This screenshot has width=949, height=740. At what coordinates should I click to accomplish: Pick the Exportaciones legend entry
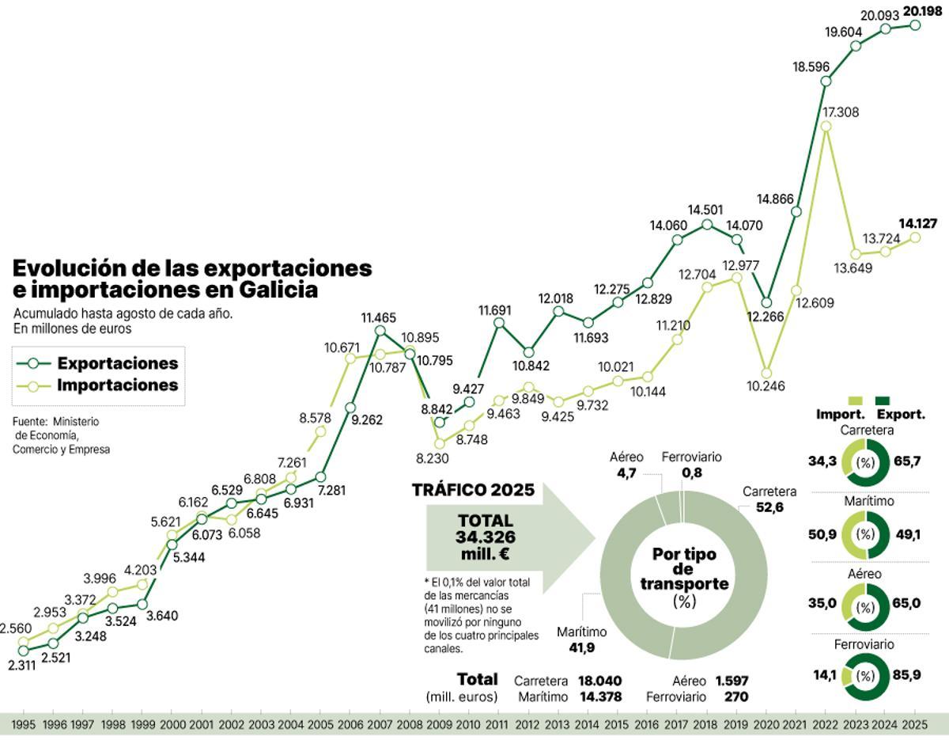117,364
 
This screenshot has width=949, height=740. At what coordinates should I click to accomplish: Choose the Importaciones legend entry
117,386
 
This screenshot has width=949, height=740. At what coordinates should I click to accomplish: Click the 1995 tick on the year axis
23,724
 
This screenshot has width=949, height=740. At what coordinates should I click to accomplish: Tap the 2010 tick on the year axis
469,724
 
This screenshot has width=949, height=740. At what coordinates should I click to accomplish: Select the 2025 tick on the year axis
914,724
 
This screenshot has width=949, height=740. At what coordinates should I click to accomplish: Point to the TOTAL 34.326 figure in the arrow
485,537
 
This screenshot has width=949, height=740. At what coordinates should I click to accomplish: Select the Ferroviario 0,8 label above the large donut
692,465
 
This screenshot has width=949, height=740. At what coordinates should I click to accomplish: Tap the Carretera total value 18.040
599,681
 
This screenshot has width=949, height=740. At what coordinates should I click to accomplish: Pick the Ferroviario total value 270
735,697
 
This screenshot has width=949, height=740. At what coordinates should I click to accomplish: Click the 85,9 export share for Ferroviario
908,676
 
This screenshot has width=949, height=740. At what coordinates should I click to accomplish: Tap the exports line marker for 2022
826,81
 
